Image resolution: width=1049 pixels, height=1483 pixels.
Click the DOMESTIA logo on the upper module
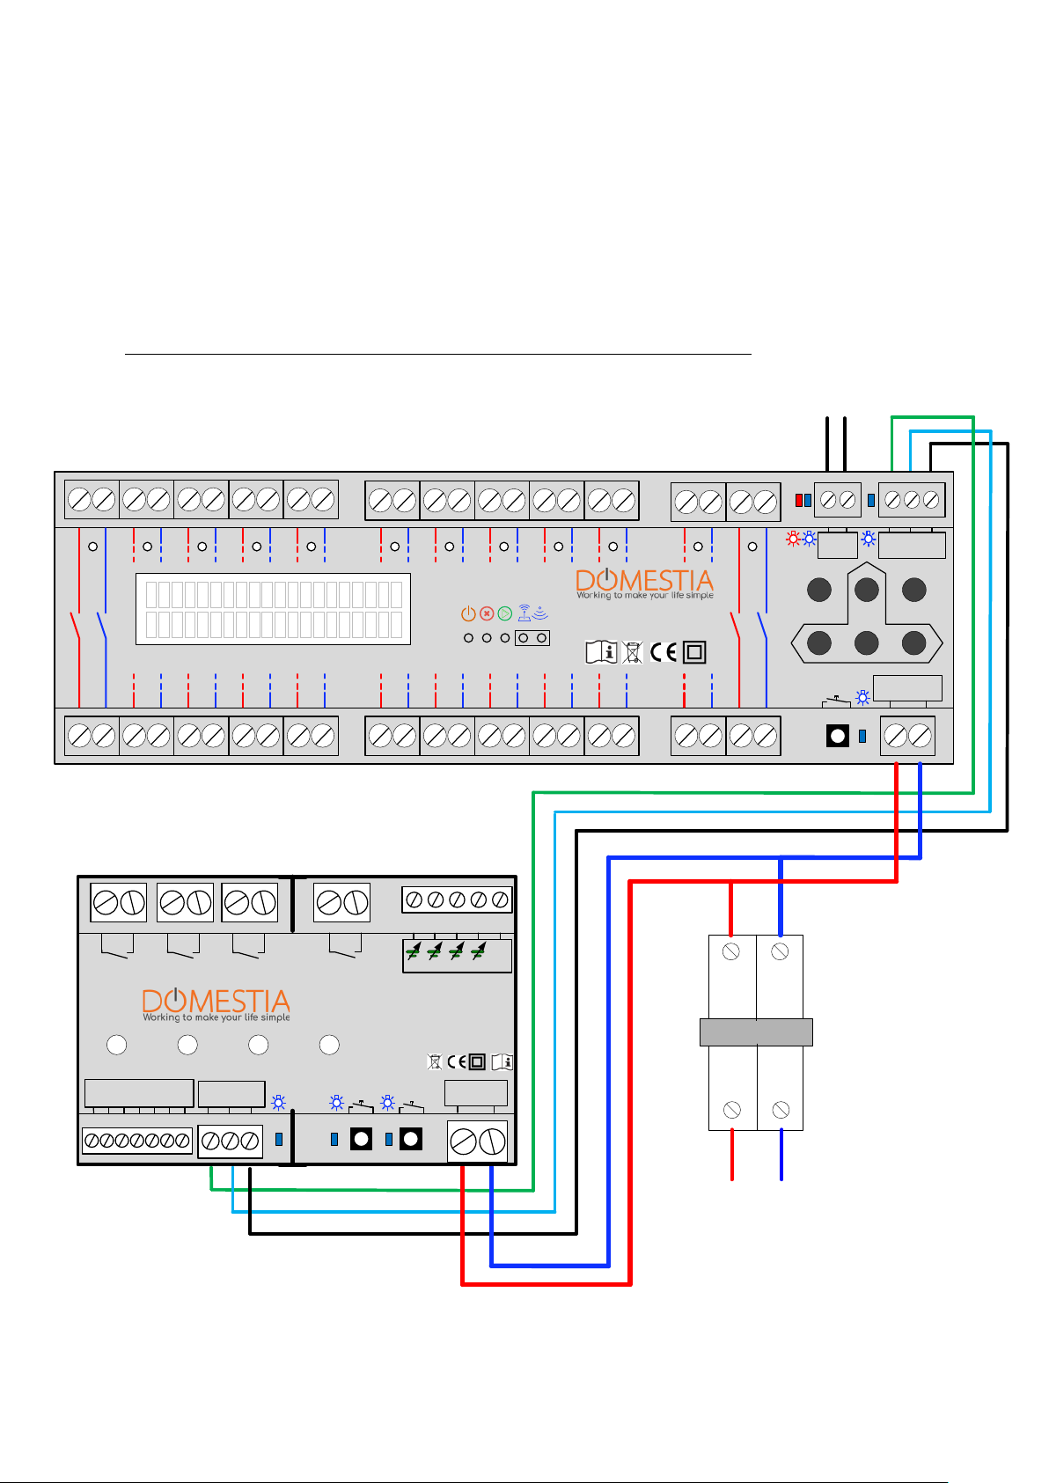tap(644, 584)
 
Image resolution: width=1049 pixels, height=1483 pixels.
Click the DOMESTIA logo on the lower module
tap(216, 1005)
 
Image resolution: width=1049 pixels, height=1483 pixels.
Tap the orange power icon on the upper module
tap(468, 613)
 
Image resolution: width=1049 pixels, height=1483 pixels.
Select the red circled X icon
tap(487, 613)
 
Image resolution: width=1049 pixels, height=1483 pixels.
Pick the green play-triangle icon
tap(505, 613)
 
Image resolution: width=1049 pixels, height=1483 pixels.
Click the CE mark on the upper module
tap(664, 652)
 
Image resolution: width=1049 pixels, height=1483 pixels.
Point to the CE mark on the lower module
tap(457, 1062)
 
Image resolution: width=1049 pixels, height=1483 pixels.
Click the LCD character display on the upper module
tap(273, 609)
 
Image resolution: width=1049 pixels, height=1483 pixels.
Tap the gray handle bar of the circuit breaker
tap(756, 1032)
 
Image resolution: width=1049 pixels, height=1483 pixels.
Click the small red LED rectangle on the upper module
tap(799, 501)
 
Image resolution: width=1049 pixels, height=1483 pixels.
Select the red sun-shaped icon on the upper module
tap(793, 539)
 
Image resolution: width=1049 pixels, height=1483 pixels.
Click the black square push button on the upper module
tap(837, 736)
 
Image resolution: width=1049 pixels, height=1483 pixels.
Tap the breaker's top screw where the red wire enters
tap(730, 951)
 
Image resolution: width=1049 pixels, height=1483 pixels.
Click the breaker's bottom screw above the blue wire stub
tap(781, 1110)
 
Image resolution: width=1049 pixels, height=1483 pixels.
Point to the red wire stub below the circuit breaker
tap(732, 1156)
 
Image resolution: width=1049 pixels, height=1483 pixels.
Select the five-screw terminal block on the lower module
tap(457, 899)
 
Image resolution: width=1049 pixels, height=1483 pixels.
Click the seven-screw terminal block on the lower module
tap(137, 1140)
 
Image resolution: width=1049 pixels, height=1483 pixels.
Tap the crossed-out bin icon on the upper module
tap(632, 653)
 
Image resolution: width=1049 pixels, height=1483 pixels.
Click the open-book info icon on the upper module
tap(601, 652)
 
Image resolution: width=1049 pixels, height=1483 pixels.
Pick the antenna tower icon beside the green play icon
tap(524, 613)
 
